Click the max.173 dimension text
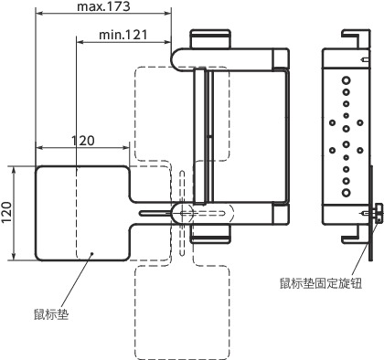click(x=103, y=7)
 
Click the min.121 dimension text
click(x=123, y=34)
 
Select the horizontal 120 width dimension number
click(x=83, y=141)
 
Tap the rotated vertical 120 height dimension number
click(x=7, y=213)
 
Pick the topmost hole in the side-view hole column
click(x=347, y=80)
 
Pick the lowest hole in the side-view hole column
click(x=347, y=194)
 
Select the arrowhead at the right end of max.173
click(x=167, y=15)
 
